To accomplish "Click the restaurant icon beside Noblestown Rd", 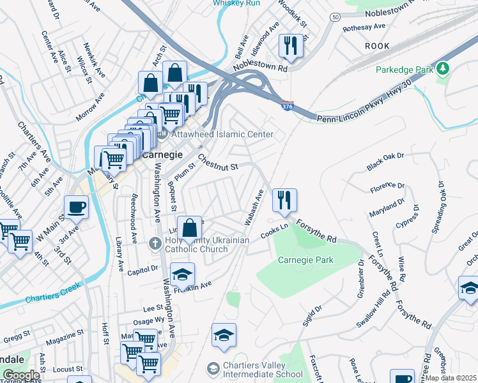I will click(x=290, y=46).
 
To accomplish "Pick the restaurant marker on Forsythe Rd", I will click(x=282, y=200).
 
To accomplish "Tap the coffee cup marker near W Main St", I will click(x=76, y=207).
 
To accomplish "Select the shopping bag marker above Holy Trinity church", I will click(x=190, y=228).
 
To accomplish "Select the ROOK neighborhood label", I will click(x=377, y=46).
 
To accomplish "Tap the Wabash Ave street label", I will click(x=253, y=206).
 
